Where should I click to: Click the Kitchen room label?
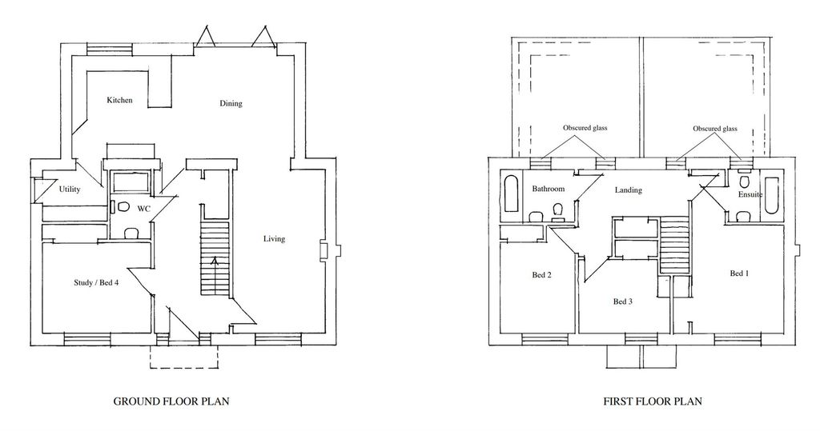click(120, 101)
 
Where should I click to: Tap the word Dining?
click(231, 104)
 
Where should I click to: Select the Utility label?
click(71, 190)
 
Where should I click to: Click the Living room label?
click(274, 239)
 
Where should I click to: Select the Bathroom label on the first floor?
click(549, 190)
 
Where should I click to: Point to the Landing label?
click(629, 190)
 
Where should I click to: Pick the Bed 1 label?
click(741, 273)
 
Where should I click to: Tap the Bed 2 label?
click(542, 275)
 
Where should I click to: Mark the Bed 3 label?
click(623, 301)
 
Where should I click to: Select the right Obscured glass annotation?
click(715, 129)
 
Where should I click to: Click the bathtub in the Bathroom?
click(512, 195)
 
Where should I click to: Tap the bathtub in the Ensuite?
click(772, 194)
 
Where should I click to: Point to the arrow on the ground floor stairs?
click(214, 261)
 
